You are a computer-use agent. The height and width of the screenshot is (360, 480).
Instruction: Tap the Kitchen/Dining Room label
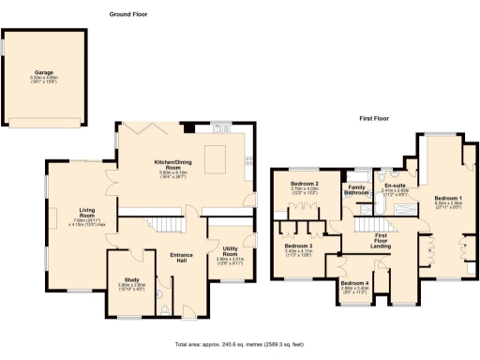177,166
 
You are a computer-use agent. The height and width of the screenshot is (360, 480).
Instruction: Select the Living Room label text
90,212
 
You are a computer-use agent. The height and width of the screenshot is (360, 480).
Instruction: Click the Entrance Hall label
180,258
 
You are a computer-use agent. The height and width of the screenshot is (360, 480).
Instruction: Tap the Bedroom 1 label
448,198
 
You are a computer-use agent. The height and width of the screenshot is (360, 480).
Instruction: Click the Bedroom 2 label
306,183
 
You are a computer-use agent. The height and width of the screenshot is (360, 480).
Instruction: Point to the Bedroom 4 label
354,283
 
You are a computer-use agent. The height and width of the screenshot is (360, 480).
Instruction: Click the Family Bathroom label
355,190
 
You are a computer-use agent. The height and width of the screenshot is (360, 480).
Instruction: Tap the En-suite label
396,186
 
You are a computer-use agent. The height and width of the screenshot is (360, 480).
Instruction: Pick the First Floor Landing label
382,240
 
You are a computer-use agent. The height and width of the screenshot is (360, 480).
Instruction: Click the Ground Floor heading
128,15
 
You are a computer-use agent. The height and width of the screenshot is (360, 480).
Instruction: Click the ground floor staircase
166,225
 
